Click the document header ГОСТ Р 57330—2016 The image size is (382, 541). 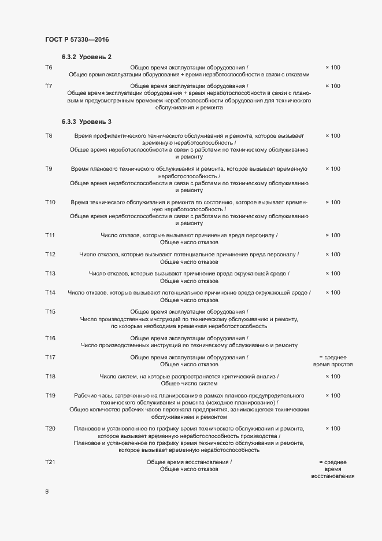[x=76, y=39]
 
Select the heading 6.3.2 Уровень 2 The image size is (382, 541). [x=87, y=56]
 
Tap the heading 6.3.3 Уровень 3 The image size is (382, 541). [x=87, y=122]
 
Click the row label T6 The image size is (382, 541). [x=49, y=68]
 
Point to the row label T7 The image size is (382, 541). [x=49, y=86]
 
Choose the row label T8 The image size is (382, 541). [x=49, y=136]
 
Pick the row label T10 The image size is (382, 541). [x=50, y=203]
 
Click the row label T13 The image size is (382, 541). [x=50, y=274]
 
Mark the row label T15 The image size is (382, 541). [x=50, y=312]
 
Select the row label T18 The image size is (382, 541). [x=50, y=377]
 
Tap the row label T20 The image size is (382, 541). [x=50, y=429]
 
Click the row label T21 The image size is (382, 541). [x=50, y=462]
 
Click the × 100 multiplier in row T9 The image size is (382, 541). [x=332, y=169]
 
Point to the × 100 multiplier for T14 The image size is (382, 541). [x=332, y=293]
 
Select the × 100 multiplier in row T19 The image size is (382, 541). [x=332, y=396]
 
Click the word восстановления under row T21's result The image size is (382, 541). [x=332, y=477]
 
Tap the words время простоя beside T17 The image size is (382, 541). [x=332, y=365]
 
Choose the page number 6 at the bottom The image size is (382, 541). [x=47, y=492]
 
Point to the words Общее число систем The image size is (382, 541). [x=189, y=384]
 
